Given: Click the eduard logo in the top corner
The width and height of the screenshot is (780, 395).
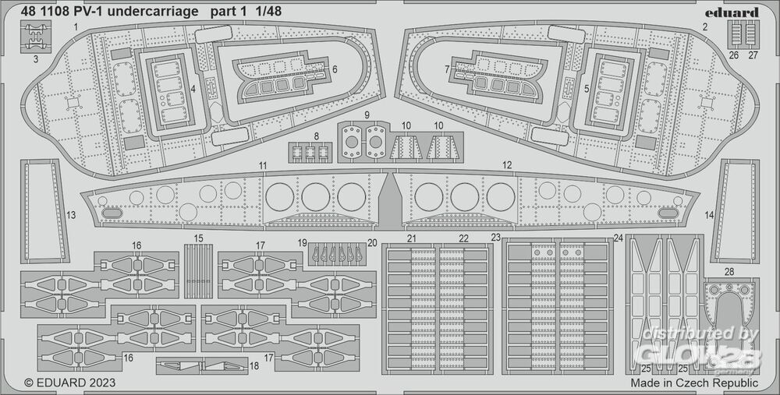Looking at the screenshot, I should [735, 12].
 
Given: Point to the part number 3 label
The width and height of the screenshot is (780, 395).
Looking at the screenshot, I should [35, 57].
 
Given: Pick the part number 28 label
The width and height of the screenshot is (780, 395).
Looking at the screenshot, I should [729, 271].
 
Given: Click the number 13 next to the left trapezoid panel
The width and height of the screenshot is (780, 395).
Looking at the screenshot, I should [71, 214].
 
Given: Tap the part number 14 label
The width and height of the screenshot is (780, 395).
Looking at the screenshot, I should [709, 214].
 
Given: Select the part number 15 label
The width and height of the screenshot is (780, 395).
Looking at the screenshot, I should [199, 238].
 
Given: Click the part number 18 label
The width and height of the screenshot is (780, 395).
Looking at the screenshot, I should [254, 365].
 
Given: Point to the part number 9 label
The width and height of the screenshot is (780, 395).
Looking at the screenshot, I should [366, 115].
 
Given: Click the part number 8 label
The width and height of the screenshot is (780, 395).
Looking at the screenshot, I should [316, 136].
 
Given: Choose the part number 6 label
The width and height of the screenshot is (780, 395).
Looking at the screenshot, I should [334, 69].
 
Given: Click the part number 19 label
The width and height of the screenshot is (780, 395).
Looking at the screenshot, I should [303, 243].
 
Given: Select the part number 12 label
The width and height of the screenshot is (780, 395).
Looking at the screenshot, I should [507, 165].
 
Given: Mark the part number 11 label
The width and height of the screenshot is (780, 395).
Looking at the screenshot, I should [264, 165].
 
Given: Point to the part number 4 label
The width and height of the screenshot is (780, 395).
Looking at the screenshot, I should [193, 89].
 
